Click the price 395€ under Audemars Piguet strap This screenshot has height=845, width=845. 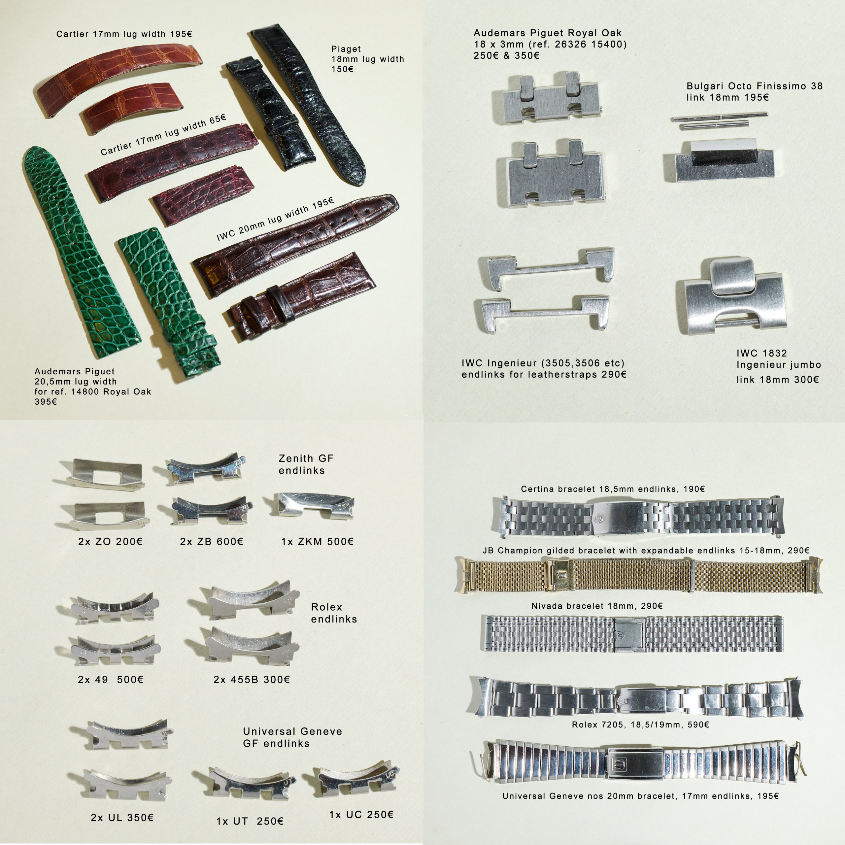(46, 401)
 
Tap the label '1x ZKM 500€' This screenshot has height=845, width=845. (317, 541)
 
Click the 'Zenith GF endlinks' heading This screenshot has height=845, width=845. (306, 464)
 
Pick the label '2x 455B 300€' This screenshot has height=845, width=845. (252, 679)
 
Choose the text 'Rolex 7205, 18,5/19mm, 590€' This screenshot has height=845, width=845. (640, 725)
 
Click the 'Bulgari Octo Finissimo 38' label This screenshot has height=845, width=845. (754, 86)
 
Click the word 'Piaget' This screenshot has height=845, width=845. (346, 49)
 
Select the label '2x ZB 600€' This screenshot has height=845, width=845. (211, 541)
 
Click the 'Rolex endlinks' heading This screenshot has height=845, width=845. (334, 613)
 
